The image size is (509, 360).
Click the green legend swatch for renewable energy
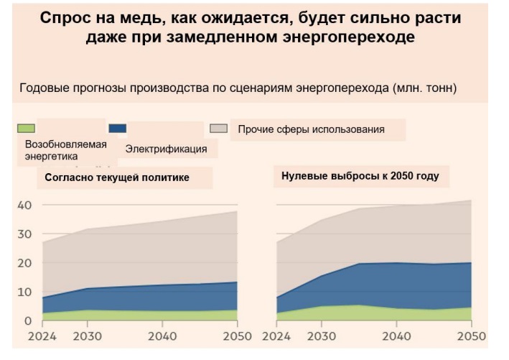coord(26,129)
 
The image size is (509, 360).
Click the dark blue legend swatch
coord(117,129)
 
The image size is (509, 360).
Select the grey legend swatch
coord(219,129)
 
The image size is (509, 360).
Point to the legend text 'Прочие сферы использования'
coord(311,129)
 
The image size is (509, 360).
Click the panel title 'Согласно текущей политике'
coord(117,177)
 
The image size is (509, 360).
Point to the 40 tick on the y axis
coord(24,206)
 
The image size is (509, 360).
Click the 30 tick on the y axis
coord(24,234)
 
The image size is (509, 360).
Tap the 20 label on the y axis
coord(24,263)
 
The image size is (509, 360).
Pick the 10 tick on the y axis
coord(24,292)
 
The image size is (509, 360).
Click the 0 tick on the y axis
coord(27,320)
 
